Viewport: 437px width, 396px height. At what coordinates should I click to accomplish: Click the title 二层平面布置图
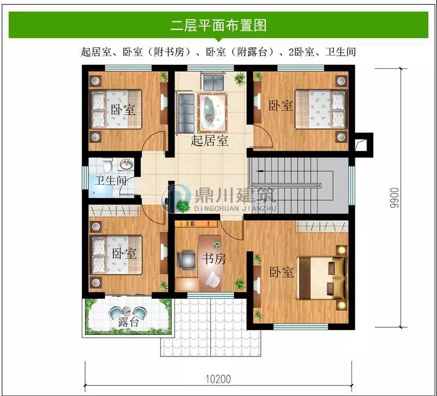coord(218,25)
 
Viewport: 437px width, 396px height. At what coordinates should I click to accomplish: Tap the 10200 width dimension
coord(218,379)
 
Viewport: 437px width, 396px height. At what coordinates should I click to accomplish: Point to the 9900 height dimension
coord(394,198)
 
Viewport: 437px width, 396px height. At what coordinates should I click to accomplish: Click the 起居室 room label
coord(210,140)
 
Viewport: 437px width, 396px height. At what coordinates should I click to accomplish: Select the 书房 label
coord(214,259)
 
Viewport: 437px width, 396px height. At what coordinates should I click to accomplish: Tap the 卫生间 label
coord(110,180)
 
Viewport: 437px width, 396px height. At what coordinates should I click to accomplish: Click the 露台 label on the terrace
coord(128,322)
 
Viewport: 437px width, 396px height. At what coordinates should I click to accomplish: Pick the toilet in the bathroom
coord(107,165)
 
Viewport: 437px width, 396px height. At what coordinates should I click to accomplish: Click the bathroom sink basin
coord(126,164)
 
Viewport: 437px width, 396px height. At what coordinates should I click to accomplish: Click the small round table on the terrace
coord(128,310)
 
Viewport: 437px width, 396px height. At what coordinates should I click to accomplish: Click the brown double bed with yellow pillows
coord(321,277)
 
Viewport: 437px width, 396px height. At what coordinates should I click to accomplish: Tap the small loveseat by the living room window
coord(212,80)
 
